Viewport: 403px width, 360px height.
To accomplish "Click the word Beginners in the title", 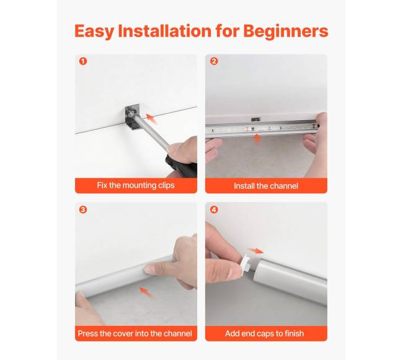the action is click(286, 32).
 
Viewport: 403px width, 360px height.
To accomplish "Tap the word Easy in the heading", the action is click(94, 32).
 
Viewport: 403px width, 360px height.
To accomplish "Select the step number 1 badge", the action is click(83, 61).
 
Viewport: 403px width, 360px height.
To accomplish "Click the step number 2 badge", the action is click(214, 61).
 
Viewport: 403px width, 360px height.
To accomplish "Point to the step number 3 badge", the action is click(83, 209).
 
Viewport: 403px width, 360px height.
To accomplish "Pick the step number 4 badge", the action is click(214, 209).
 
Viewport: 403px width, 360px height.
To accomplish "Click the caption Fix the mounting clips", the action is click(136, 185).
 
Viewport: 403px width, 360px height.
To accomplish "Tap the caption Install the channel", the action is click(266, 186).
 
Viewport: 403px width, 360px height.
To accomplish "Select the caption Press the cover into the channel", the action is click(135, 333).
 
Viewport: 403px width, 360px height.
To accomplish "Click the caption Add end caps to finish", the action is click(265, 333).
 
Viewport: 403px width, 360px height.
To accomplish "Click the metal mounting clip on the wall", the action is click(133, 117).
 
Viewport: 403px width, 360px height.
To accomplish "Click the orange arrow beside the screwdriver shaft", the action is click(151, 119).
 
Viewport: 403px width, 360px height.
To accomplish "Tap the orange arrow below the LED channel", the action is click(257, 139).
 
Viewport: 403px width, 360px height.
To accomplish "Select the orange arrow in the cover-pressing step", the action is click(146, 292).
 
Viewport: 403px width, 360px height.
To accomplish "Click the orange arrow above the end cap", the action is click(255, 250).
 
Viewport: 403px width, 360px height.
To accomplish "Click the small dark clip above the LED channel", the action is click(255, 119).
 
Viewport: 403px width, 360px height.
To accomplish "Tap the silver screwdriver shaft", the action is click(152, 133).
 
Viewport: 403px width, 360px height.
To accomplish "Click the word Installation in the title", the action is click(165, 32).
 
